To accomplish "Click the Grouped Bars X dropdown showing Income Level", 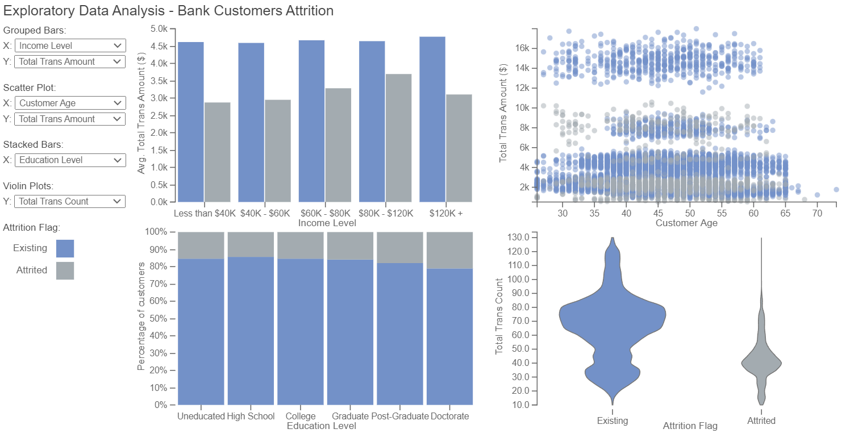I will pyautogui.click(x=70, y=45).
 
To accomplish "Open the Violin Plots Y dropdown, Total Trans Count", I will pyautogui.click(x=70, y=201).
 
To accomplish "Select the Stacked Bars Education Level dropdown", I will pyautogui.click(x=70, y=160).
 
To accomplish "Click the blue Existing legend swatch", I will pyautogui.click(x=65, y=248).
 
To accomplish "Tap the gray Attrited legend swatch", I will pyautogui.click(x=65, y=270).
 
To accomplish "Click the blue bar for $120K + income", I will pyautogui.click(x=432, y=119).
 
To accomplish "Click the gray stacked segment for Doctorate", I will pyautogui.click(x=450, y=250).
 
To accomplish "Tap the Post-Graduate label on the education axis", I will pyautogui.click(x=400, y=417).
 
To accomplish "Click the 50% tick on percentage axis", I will pyautogui.click(x=159, y=319).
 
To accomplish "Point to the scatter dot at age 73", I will pyautogui.click(x=836, y=190).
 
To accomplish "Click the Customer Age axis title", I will pyautogui.click(x=686, y=223).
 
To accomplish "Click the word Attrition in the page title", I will pyautogui.click(x=310, y=11).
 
